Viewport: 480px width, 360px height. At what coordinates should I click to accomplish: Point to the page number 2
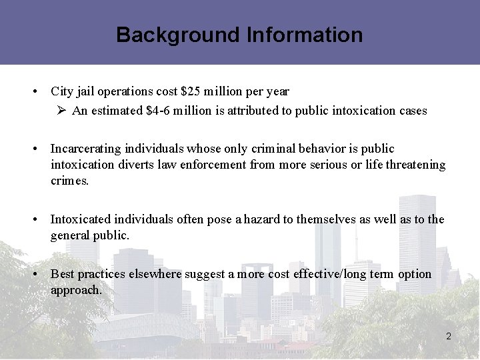[449, 337]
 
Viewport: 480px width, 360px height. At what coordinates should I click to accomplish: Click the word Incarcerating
[88, 148]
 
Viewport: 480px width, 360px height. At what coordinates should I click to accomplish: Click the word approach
[76, 290]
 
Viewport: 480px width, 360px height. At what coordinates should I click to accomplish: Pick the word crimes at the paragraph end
[69, 181]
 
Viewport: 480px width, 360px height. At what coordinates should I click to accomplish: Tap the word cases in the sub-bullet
[412, 111]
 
